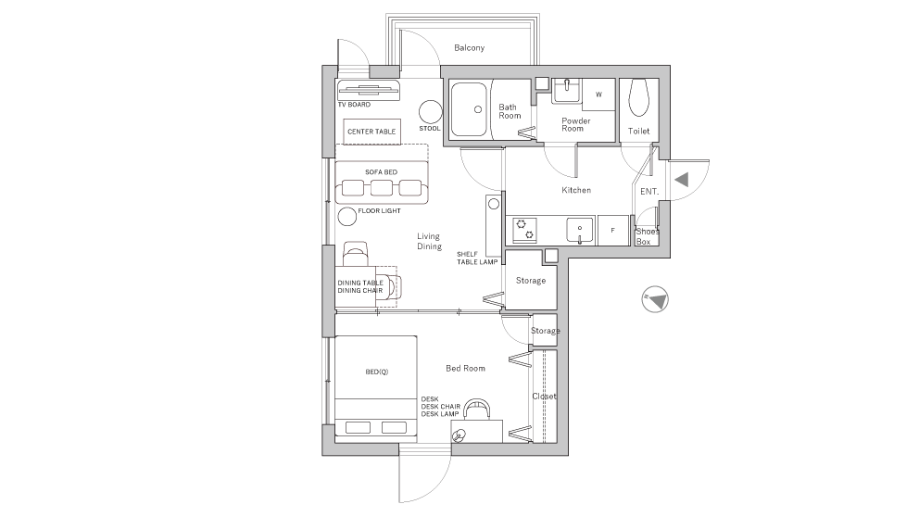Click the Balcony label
[469, 48]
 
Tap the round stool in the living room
[431, 112]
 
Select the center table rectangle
[371, 132]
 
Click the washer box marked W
[598, 95]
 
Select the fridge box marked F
[611, 230]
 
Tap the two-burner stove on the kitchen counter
[524, 229]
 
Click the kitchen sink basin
[580, 229]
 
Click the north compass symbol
[656, 299]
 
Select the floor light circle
[346, 218]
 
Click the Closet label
[544, 397]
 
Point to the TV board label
[354, 105]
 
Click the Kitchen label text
[576, 190]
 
